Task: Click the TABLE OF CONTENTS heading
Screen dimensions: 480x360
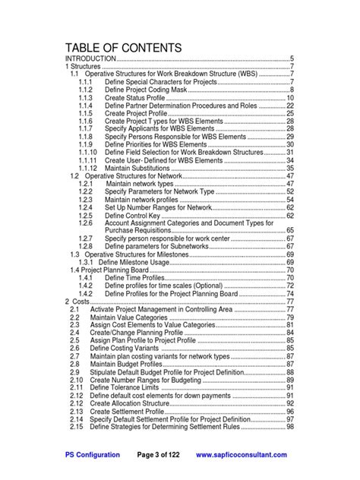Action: [x=123, y=48]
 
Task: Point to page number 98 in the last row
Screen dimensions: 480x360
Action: [x=289, y=427]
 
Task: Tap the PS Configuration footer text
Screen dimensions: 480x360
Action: [x=93, y=455]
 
